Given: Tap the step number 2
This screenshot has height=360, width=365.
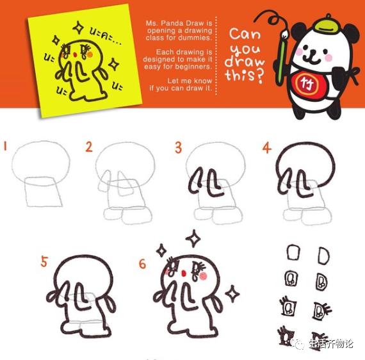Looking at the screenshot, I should [89, 147].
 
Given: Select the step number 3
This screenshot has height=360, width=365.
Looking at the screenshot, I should [178, 147].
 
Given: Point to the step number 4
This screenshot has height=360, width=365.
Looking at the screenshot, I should [266, 148].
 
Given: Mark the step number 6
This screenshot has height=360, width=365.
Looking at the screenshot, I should [142, 263].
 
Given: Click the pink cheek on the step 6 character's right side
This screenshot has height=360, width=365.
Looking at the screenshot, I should [204, 276].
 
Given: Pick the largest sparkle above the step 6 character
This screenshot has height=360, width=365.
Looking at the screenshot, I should [193, 239].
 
